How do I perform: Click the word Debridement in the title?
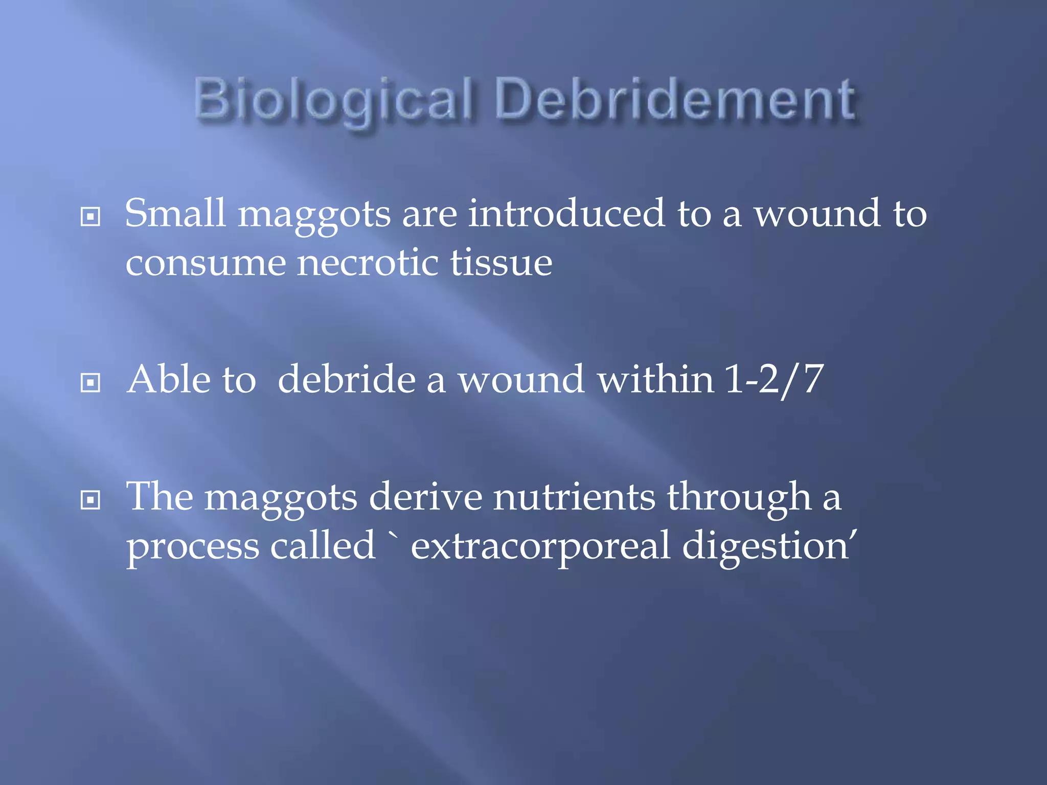pyautogui.click(x=675, y=100)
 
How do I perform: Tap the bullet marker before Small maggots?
pyautogui.click(x=90, y=217)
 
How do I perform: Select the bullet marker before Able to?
pyautogui.click(x=90, y=382)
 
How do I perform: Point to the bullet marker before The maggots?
pyautogui.click(x=90, y=499)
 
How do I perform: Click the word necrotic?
pyautogui.click(x=368, y=263)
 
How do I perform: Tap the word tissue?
pyautogui.click(x=501, y=263)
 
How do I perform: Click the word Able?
pyautogui.click(x=169, y=379)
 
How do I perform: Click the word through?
pyautogui.click(x=739, y=497)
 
